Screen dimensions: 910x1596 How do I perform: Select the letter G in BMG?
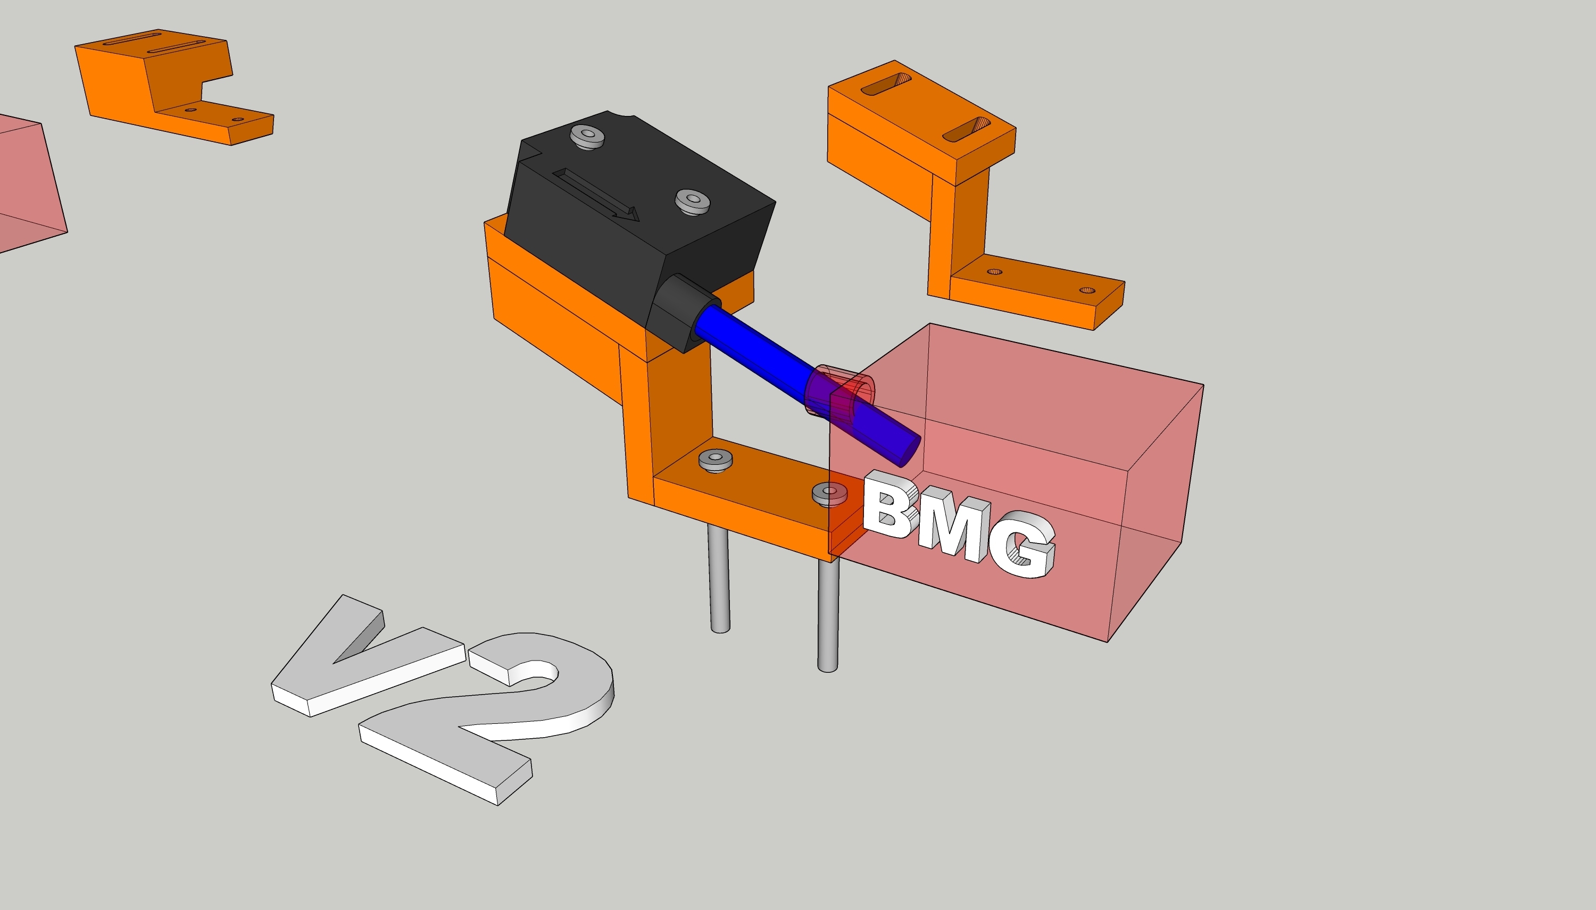tap(1026, 546)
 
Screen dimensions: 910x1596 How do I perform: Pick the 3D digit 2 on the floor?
tap(494, 713)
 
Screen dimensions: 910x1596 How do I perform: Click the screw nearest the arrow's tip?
tap(693, 201)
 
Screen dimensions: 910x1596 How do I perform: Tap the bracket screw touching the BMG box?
tap(829, 492)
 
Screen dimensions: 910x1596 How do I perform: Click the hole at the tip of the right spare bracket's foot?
tap(1087, 290)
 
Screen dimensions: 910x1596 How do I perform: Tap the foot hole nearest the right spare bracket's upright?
tap(995, 272)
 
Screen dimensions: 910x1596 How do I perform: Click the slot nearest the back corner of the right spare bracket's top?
tap(886, 84)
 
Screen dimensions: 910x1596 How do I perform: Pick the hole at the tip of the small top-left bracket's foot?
tap(237, 119)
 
